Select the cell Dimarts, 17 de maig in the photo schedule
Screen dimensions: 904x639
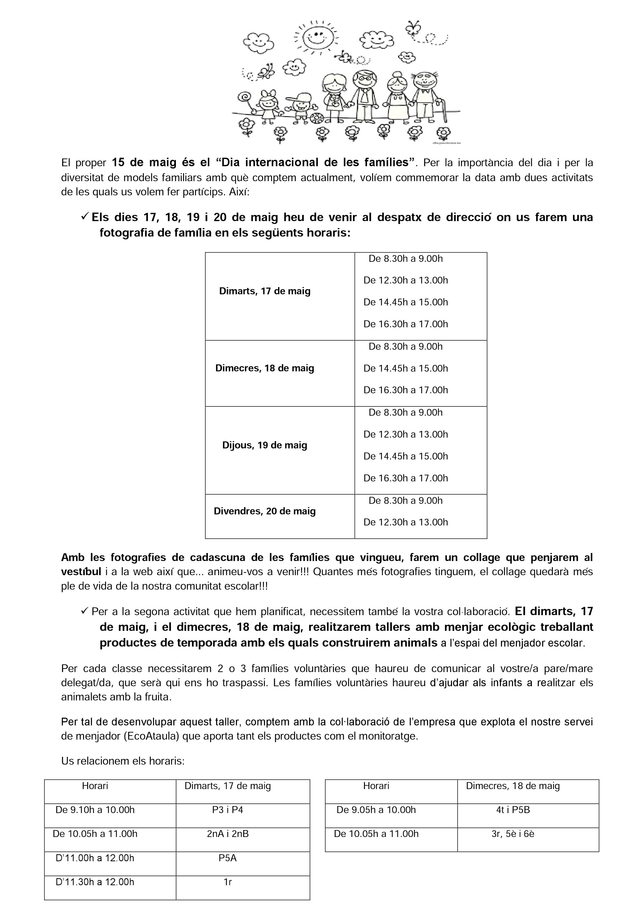[265, 291]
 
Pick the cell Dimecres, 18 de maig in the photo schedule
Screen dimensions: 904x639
[265, 368]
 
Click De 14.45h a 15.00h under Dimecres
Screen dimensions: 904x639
[406, 368]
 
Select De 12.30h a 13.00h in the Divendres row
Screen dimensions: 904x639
[406, 522]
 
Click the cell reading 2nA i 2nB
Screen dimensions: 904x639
[228, 834]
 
